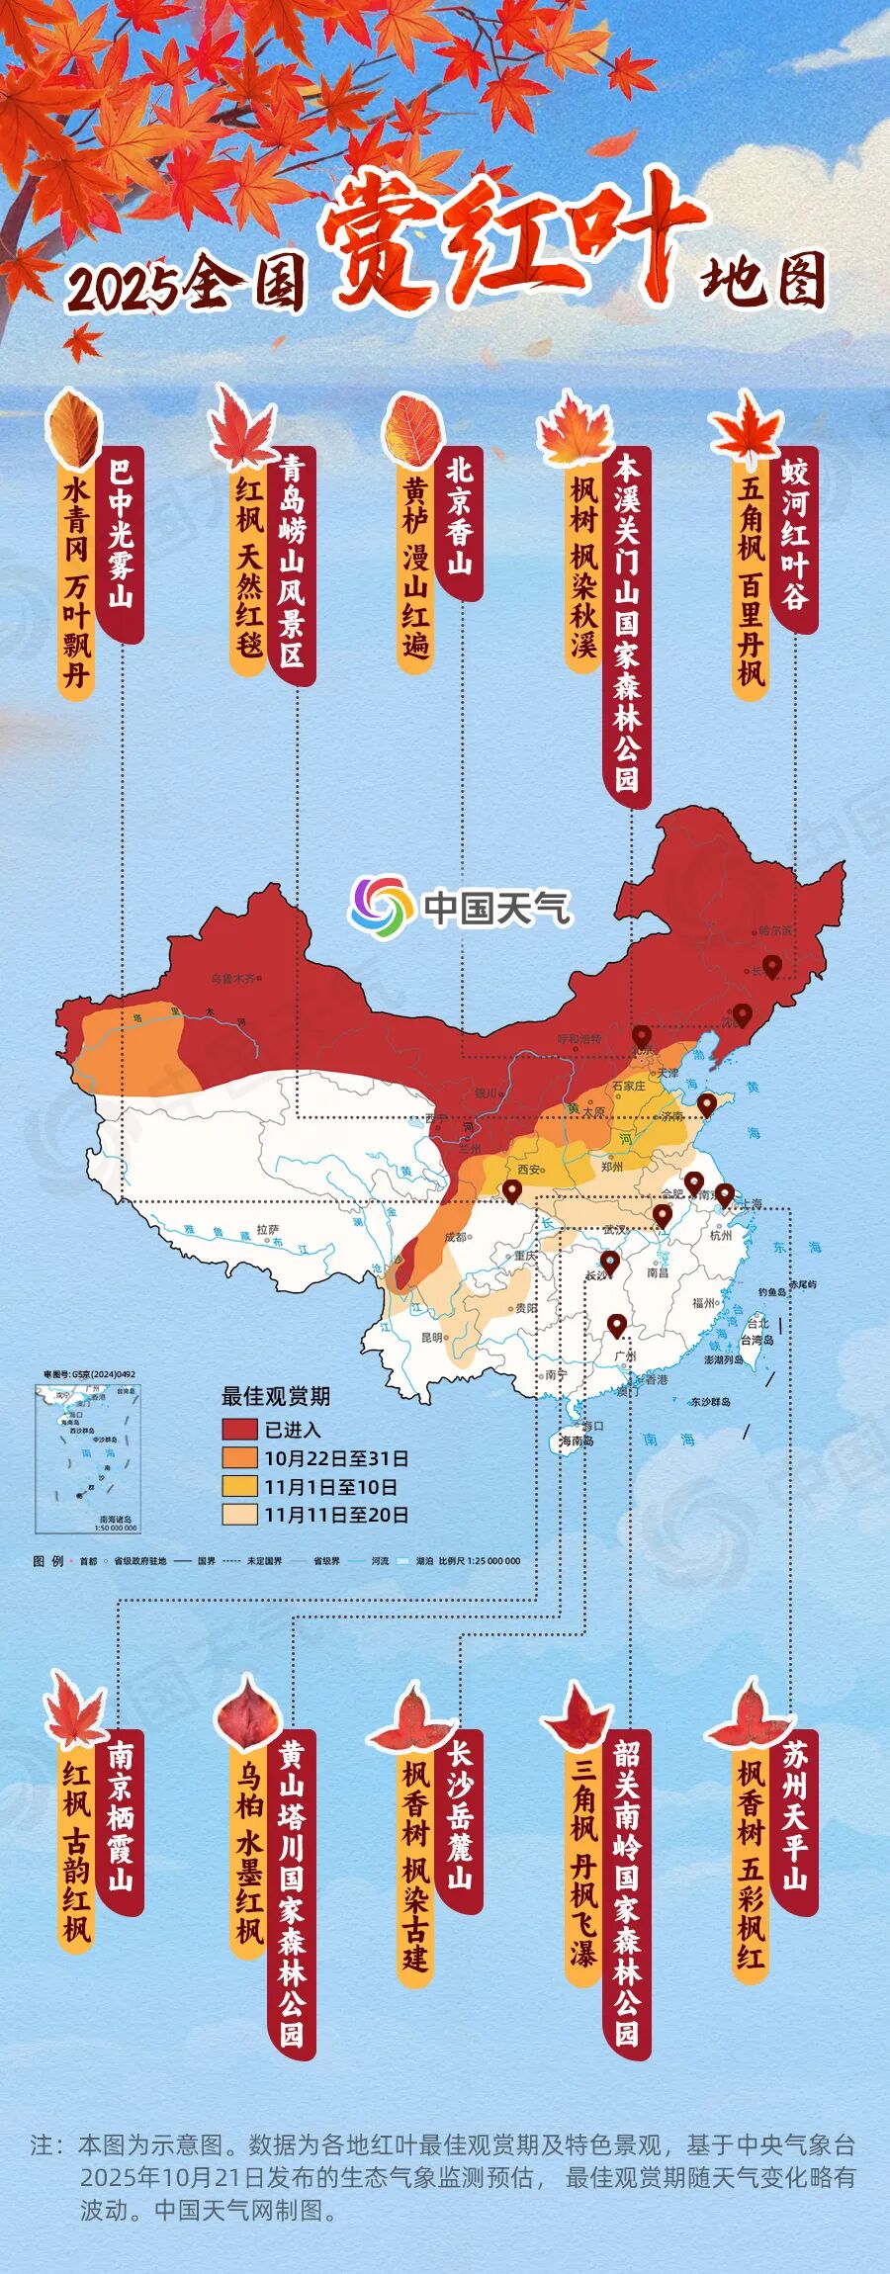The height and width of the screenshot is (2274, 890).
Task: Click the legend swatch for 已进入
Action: click(239, 1430)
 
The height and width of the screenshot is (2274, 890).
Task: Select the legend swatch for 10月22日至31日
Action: click(239, 1458)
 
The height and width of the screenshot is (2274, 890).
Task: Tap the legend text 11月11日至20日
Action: click(336, 1515)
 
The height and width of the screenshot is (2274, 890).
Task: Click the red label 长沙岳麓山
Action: click(460, 1814)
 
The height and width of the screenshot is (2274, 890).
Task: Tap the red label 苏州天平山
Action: click(795, 1815)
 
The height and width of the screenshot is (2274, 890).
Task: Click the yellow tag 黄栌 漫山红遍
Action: click(415, 568)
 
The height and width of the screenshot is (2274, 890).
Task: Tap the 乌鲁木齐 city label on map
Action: click(233, 979)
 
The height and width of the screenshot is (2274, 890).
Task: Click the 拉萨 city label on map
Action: click(268, 1229)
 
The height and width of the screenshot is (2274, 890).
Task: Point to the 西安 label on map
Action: click(529, 1170)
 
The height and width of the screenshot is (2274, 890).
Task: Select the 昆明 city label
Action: click(433, 1337)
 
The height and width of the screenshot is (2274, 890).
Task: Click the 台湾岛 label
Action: click(757, 1340)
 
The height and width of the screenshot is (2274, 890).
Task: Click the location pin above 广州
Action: click(617, 1325)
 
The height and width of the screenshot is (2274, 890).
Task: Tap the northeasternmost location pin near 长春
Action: click(772, 966)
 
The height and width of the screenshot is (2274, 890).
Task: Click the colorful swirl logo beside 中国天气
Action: click(381, 904)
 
